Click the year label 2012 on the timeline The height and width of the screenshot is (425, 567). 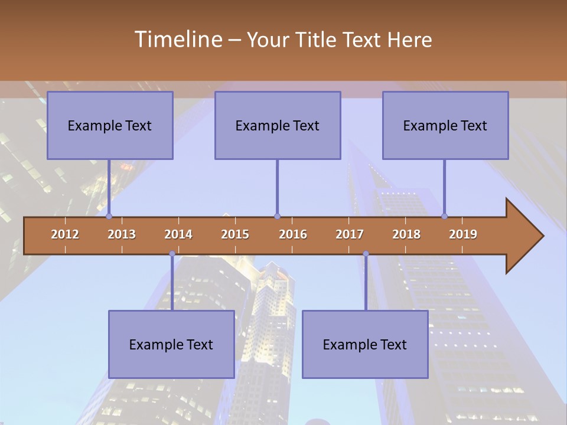(x=65, y=234)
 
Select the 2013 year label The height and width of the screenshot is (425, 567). (x=122, y=234)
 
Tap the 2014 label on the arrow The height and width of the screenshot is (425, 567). (x=178, y=234)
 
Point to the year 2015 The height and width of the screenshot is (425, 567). (x=235, y=234)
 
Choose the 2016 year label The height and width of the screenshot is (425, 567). (x=293, y=234)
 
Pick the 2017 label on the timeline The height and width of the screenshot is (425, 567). (x=350, y=234)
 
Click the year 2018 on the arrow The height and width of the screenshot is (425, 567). (x=406, y=234)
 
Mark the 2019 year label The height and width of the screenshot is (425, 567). (x=463, y=234)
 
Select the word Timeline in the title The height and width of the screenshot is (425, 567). (x=177, y=40)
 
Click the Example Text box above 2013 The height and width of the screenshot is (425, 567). (x=110, y=125)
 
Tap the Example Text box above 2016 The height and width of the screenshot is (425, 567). (x=278, y=125)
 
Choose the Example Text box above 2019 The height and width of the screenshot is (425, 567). (x=445, y=125)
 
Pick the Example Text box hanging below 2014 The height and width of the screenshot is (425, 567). (x=171, y=344)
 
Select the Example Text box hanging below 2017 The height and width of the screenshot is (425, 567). (x=365, y=344)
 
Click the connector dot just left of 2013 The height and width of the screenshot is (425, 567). (x=109, y=217)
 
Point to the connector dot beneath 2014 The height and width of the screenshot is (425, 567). (x=172, y=254)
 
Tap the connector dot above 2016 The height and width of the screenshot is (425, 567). (x=277, y=217)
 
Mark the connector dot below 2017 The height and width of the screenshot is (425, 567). (x=366, y=254)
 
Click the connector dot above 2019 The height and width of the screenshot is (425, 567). (x=445, y=217)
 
